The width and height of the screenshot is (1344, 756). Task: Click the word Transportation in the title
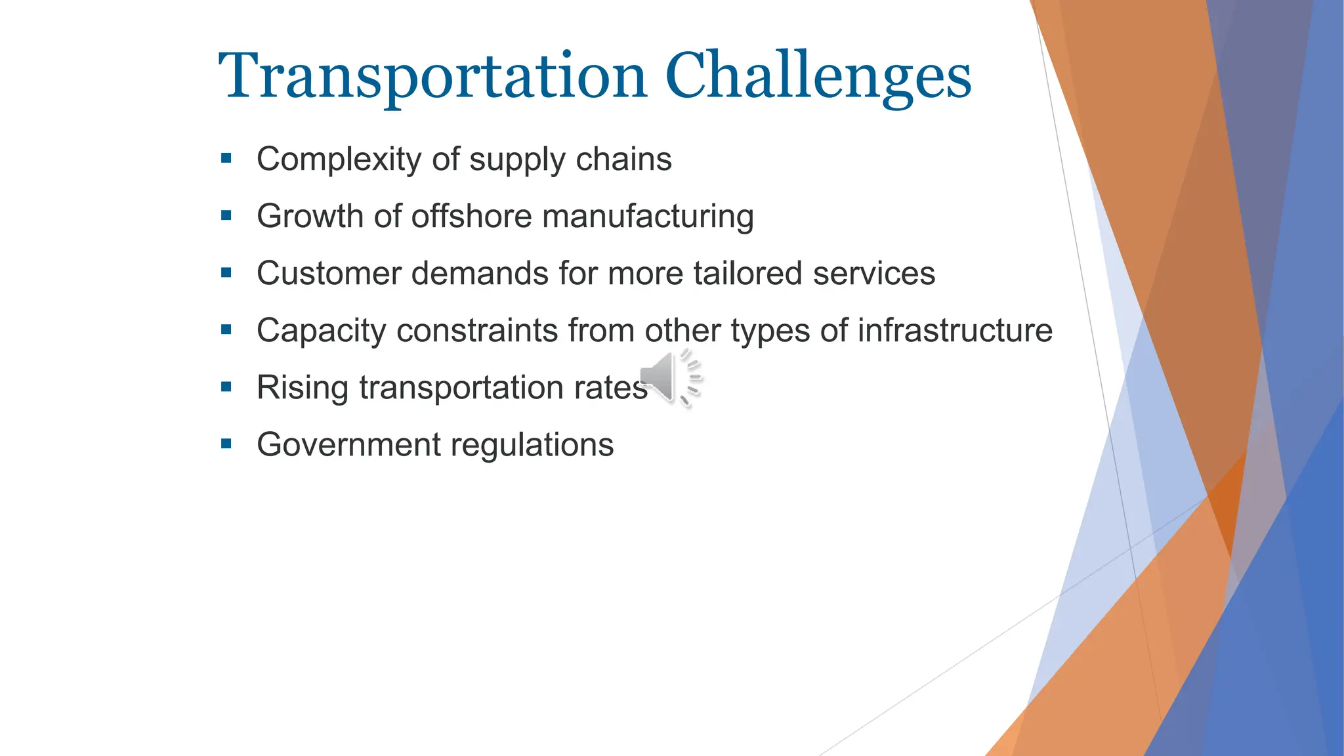tap(433, 77)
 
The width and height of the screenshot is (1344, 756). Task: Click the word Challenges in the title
tap(818, 77)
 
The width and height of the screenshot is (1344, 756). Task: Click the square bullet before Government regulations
tap(226, 444)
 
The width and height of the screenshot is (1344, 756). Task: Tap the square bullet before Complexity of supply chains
tap(226, 158)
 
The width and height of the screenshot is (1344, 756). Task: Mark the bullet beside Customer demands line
tap(226, 272)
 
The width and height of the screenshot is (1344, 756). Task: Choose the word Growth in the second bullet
tap(310, 217)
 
